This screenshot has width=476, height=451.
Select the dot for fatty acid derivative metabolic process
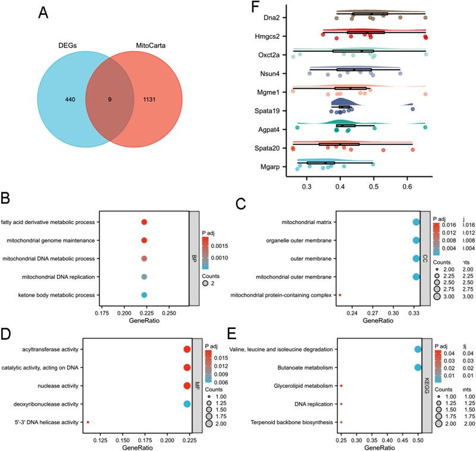click(x=144, y=222)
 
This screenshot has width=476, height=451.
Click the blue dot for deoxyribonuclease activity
click(x=187, y=405)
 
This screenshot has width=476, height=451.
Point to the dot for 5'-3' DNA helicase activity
click(x=88, y=422)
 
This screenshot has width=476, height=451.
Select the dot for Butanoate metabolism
click(x=418, y=368)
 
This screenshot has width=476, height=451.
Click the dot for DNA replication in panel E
click(x=342, y=405)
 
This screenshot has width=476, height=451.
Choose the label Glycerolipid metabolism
click(x=300, y=386)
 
